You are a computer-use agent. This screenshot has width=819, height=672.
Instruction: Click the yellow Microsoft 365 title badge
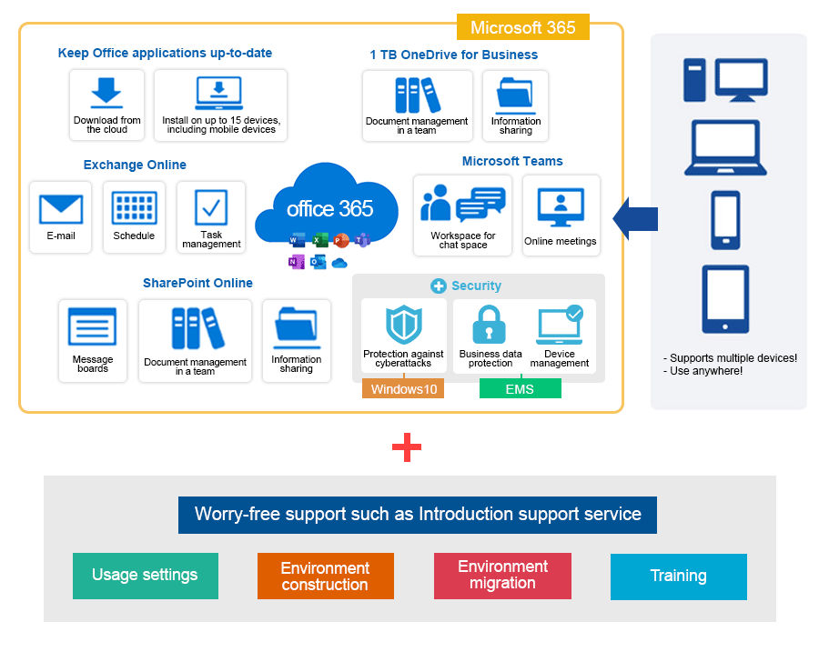(x=523, y=27)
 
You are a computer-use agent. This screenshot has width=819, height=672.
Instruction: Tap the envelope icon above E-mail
(x=61, y=210)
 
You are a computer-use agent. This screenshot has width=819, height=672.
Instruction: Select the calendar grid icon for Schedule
(x=135, y=207)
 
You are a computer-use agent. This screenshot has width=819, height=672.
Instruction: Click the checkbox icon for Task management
(x=211, y=207)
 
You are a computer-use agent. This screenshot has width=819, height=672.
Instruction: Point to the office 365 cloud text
(x=329, y=209)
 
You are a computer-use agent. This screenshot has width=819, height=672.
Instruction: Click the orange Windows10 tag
(x=403, y=388)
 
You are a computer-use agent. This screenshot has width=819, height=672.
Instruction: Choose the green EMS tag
(x=521, y=388)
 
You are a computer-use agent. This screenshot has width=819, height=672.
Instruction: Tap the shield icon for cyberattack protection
(x=404, y=325)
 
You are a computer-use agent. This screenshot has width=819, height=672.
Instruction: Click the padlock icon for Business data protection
(x=489, y=325)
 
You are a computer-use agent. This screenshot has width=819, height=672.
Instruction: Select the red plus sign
(x=407, y=447)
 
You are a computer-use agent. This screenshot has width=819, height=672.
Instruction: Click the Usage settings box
(x=146, y=576)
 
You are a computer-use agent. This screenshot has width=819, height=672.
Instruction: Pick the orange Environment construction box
(x=326, y=576)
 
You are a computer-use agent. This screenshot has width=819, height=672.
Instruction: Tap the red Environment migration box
(x=502, y=576)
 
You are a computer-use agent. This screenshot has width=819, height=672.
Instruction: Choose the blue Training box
(x=679, y=577)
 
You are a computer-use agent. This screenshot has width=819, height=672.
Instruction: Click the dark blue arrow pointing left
(x=635, y=218)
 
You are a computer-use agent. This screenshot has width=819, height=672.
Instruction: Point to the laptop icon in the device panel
(x=725, y=147)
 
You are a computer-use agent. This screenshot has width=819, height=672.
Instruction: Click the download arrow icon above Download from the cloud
(x=106, y=93)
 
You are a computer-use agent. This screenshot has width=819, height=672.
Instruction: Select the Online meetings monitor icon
(x=561, y=206)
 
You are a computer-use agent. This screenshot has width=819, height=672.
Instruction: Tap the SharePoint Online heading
(x=198, y=283)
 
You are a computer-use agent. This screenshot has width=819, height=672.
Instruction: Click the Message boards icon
(x=93, y=326)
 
